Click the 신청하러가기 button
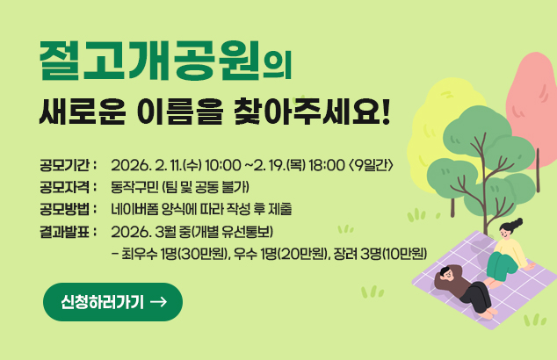coord(112,302)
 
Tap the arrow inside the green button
coord(159,302)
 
